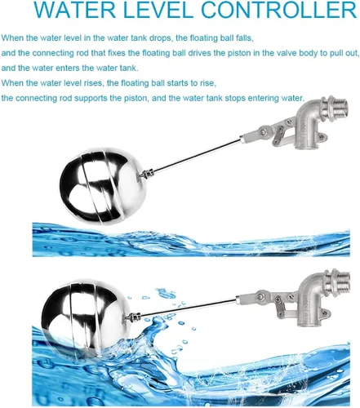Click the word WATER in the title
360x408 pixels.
pos(75,9)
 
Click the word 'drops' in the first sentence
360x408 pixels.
pos(159,38)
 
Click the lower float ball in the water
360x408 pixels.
pos(87,317)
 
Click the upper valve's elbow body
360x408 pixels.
pos(308,125)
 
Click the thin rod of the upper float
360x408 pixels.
pos(197,155)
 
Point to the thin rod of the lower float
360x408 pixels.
pos(188,307)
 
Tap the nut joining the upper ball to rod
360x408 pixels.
pos(147,174)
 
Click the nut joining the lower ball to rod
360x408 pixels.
pos(133,317)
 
